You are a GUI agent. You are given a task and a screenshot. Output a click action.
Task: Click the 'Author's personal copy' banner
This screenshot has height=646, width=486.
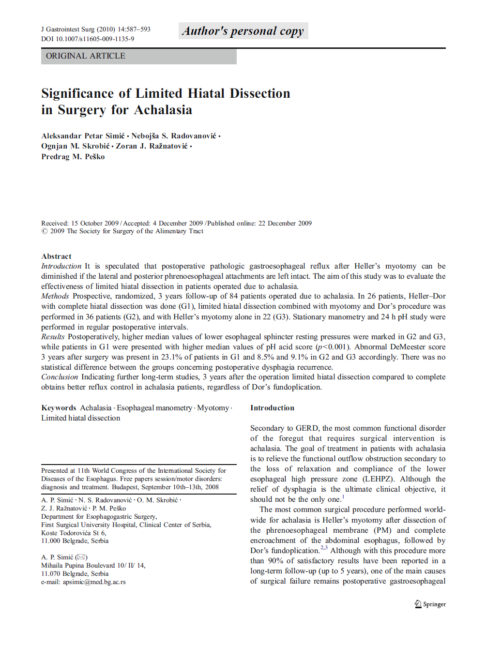243,31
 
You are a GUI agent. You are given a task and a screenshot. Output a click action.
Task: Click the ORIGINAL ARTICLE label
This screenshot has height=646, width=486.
86,56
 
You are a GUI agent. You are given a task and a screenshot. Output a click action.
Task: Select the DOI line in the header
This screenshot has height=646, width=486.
88,39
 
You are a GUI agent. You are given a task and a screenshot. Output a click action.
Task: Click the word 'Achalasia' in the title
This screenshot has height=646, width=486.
163,110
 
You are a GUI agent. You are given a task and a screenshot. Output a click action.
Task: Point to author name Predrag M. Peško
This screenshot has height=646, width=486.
73,157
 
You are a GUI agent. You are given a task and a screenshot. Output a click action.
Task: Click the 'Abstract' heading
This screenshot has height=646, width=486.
56,256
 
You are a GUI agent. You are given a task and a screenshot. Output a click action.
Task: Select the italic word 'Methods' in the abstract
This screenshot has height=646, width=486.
55,296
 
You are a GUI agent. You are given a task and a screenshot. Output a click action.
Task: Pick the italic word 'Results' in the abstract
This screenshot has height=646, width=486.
53,337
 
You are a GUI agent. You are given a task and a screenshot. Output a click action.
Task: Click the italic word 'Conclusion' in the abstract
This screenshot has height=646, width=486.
60,377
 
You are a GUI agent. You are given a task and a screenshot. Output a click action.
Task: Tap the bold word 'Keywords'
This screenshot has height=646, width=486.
59,408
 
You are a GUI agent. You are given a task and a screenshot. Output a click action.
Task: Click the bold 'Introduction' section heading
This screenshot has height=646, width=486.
272,408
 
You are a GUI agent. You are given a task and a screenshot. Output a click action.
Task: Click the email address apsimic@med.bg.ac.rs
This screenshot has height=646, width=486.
94,582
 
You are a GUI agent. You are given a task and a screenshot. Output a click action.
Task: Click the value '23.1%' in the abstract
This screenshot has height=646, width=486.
173,357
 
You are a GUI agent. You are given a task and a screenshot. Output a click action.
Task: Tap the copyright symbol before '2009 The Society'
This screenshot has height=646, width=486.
45,231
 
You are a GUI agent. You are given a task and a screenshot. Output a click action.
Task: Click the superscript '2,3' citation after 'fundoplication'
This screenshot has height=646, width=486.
324,548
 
